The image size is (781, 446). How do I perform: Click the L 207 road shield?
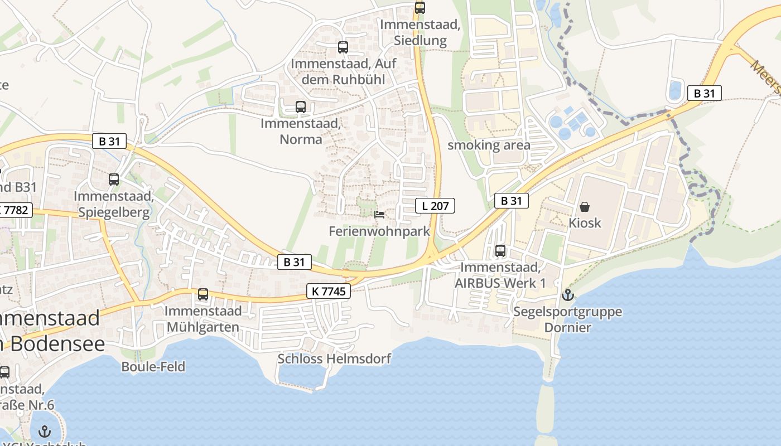coord(436,206)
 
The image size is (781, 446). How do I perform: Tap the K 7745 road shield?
coord(329,290)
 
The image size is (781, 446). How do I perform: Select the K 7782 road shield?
coord(15,210)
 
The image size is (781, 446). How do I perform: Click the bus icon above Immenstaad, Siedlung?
coord(420,8)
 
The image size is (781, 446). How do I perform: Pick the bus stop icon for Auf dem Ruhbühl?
coord(343,47)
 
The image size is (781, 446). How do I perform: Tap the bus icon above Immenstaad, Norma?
coord(301,106)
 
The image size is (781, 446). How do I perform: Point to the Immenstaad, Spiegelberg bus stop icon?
coord(114,180)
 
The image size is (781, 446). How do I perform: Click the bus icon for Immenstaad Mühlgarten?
coord(203,294)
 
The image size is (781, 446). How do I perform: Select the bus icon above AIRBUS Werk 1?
coord(500,251)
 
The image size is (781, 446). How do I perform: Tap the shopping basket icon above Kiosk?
coord(585,207)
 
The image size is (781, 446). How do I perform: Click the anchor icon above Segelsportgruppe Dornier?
coord(568,294)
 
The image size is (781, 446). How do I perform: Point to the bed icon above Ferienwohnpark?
coord(379,215)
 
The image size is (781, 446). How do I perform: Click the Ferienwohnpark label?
coord(379,231)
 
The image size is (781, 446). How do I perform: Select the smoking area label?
coord(489,146)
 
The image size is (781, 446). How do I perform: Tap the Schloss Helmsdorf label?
coord(334,358)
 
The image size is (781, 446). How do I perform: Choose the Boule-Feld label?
coord(153,366)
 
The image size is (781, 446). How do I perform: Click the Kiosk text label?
coord(585,223)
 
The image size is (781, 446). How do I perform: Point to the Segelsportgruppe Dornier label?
coord(568,319)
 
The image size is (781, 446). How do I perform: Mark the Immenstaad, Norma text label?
coord(301,131)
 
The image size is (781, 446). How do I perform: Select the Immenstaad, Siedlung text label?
coord(420,32)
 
